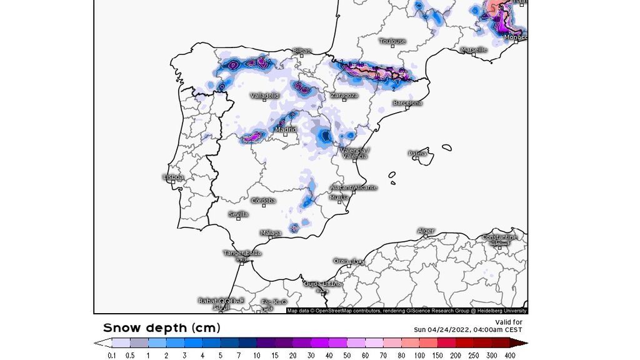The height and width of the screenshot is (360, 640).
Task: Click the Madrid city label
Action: pos(286,129)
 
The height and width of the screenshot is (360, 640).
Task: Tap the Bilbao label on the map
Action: pos(301,50)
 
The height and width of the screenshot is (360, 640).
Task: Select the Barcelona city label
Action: pos(407,102)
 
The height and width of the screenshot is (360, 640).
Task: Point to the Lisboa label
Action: pos(174,177)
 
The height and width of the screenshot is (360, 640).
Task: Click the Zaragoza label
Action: pos(344,95)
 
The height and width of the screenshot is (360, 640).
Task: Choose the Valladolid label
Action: pos(264,96)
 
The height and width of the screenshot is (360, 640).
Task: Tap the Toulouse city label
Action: pos(392,41)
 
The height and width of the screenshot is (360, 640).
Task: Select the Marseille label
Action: pos(473,49)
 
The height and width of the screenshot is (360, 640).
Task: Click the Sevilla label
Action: pos(238,214)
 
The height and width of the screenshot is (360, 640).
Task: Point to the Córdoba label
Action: pos(263,201)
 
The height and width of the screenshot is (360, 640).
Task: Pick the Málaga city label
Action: pos(271,233)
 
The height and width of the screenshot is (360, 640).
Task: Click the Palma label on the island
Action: pos(417,153)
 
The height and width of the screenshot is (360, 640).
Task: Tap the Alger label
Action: pos(426,231)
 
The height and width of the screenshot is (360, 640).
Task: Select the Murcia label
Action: pos(339,197)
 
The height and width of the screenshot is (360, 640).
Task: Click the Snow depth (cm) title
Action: pos(161,327)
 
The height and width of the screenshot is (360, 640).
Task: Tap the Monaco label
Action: pos(516,37)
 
